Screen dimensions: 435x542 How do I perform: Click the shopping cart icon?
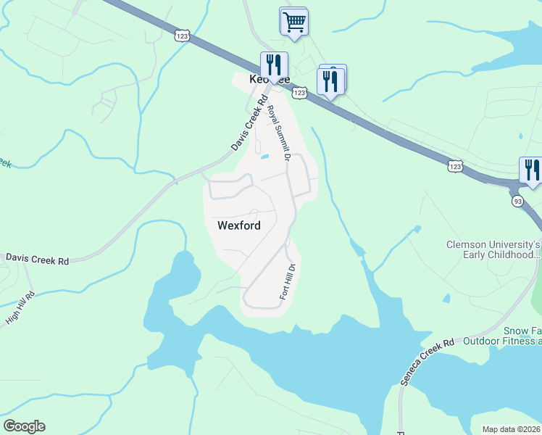coord(293,21)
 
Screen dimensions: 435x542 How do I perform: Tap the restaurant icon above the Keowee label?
coord(275,65)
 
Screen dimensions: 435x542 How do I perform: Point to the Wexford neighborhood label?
coord(238,225)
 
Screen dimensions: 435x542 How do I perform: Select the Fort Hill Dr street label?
coord(288,281)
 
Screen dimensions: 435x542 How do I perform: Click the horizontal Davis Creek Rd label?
coord(37,258)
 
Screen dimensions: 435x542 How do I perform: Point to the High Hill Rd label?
coord(20,307)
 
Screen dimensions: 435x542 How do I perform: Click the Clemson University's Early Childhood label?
coord(493,249)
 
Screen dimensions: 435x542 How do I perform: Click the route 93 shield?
coord(517,201)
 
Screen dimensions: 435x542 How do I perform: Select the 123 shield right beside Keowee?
coord(299,92)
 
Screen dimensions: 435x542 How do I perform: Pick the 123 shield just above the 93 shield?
coord(454,166)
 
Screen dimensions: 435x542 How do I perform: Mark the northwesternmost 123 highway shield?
coord(182,34)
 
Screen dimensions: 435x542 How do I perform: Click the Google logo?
coord(24,426)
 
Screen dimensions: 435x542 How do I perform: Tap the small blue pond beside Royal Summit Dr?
coord(264,156)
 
